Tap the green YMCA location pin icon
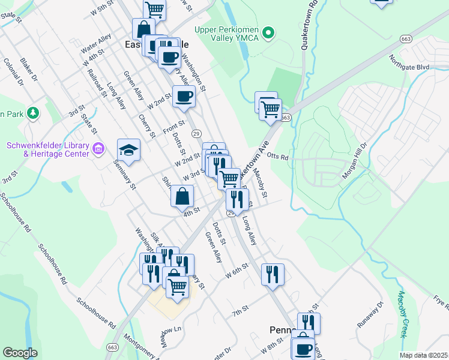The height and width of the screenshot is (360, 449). coord(270,32)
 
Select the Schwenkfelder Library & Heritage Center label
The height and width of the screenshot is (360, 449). coord(47,149)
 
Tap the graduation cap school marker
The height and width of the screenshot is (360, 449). coord(128,149)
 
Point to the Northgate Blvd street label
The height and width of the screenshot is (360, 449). coord(409,67)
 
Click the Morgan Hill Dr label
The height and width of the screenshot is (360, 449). coord(354,163)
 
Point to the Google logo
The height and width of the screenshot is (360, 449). coord(19,353)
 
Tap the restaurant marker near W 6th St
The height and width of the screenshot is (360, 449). coord(272,274)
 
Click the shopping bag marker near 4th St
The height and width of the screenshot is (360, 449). coord(182,196)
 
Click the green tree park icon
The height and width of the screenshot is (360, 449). coord(34,112)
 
